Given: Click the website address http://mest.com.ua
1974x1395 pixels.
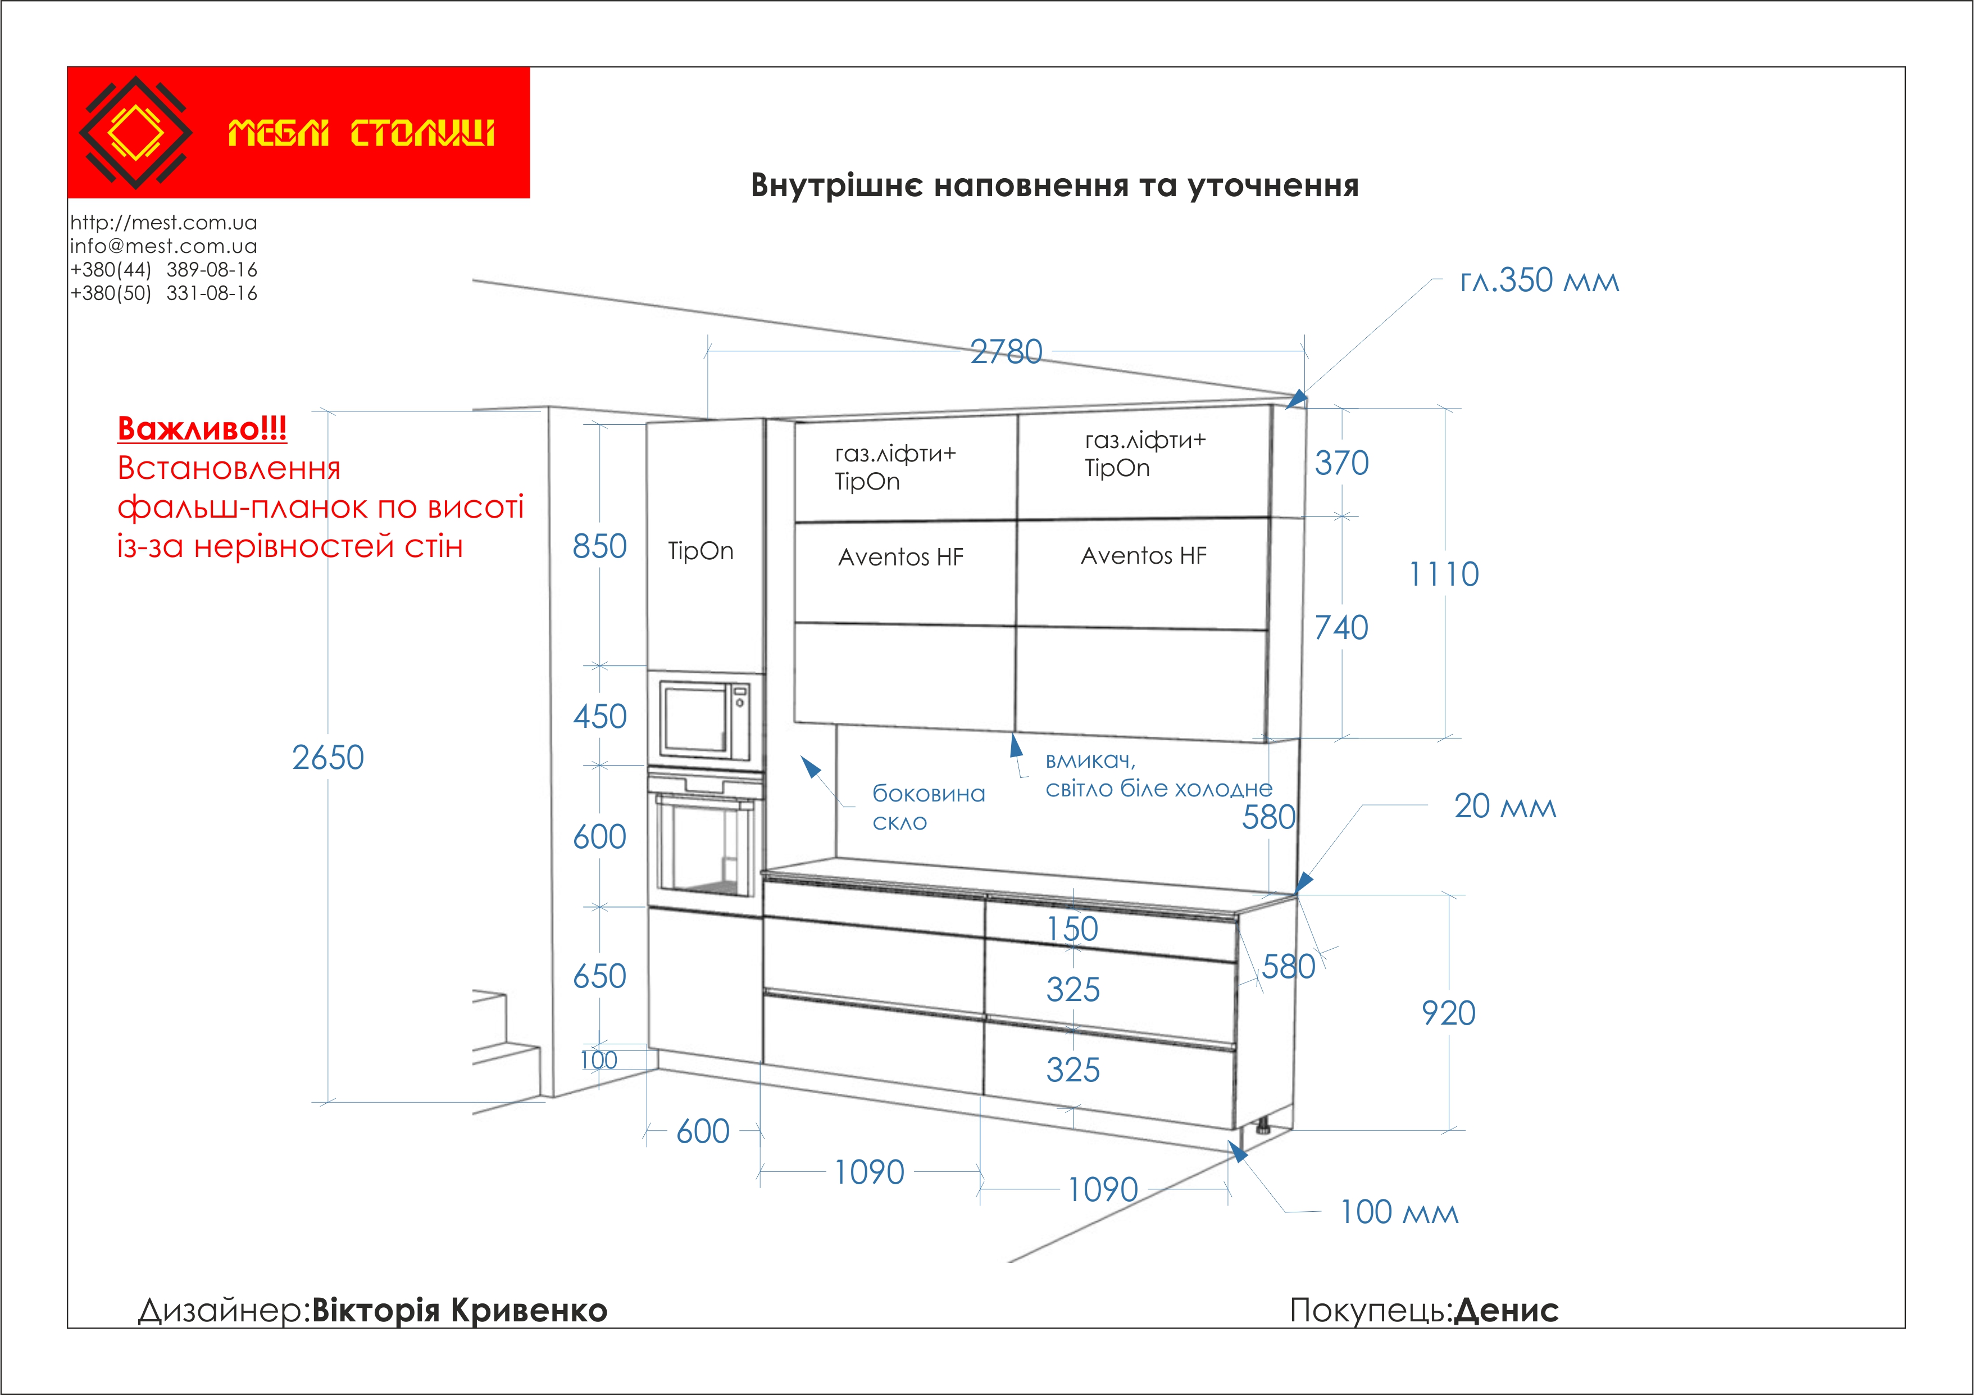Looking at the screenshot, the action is pyautogui.click(x=163, y=223).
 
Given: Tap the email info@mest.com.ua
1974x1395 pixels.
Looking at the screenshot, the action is pyautogui.click(x=163, y=246).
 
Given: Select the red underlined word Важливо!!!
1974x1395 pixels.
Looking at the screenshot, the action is pyautogui.click(x=202, y=428).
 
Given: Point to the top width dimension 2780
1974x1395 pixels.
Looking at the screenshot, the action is pyautogui.click(x=1006, y=352).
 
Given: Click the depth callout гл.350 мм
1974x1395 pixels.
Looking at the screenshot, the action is pyautogui.click(x=1539, y=281).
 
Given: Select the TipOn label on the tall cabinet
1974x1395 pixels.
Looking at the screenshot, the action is pyautogui.click(x=701, y=551).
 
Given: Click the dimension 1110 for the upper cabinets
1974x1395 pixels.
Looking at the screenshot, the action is pyautogui.click(x=1444, y=574).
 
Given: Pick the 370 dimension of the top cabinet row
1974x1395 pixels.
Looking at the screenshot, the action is pyautogui.click(x=1341, y=464).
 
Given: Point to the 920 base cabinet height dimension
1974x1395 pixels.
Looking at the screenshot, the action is pyautogui.click(x=1449, y=1013).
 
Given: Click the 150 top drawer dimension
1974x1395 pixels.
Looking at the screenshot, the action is pyautogui.click(x=1072, y=929).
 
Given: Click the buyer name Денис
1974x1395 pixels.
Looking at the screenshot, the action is pyautogui.click(x=1506, y=1311).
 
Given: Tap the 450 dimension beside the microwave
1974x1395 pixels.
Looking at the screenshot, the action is pyautogui.click(x=600, y=717).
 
